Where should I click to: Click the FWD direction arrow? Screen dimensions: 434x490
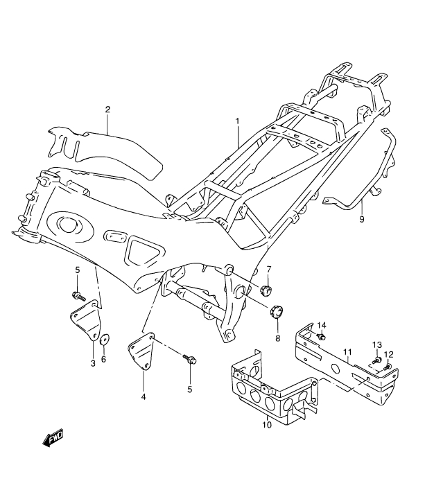coord(53,437)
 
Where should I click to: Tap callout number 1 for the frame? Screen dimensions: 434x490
coord(237,121)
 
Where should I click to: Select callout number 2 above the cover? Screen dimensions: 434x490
coord(107,110)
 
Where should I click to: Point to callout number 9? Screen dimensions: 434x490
coord(362,220)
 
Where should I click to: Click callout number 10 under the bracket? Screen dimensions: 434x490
coord(268,425)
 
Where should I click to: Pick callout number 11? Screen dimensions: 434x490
coord(347,352)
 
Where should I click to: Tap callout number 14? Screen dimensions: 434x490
coord(322,325)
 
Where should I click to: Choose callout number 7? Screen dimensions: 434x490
coord(269,269)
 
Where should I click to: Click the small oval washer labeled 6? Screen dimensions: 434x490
coord(105,340)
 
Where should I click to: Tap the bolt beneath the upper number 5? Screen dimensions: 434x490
coord(78,296)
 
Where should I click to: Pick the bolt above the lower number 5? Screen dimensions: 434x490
coord(189,359)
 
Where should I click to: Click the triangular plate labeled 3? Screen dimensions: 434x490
coord(86,320)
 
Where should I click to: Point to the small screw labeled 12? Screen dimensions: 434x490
coord(388,367)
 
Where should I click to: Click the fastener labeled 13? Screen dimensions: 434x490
coord(376,360)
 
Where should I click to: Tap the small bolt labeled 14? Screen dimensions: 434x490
coord(321,337)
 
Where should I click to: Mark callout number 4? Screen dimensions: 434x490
coord(144,397)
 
